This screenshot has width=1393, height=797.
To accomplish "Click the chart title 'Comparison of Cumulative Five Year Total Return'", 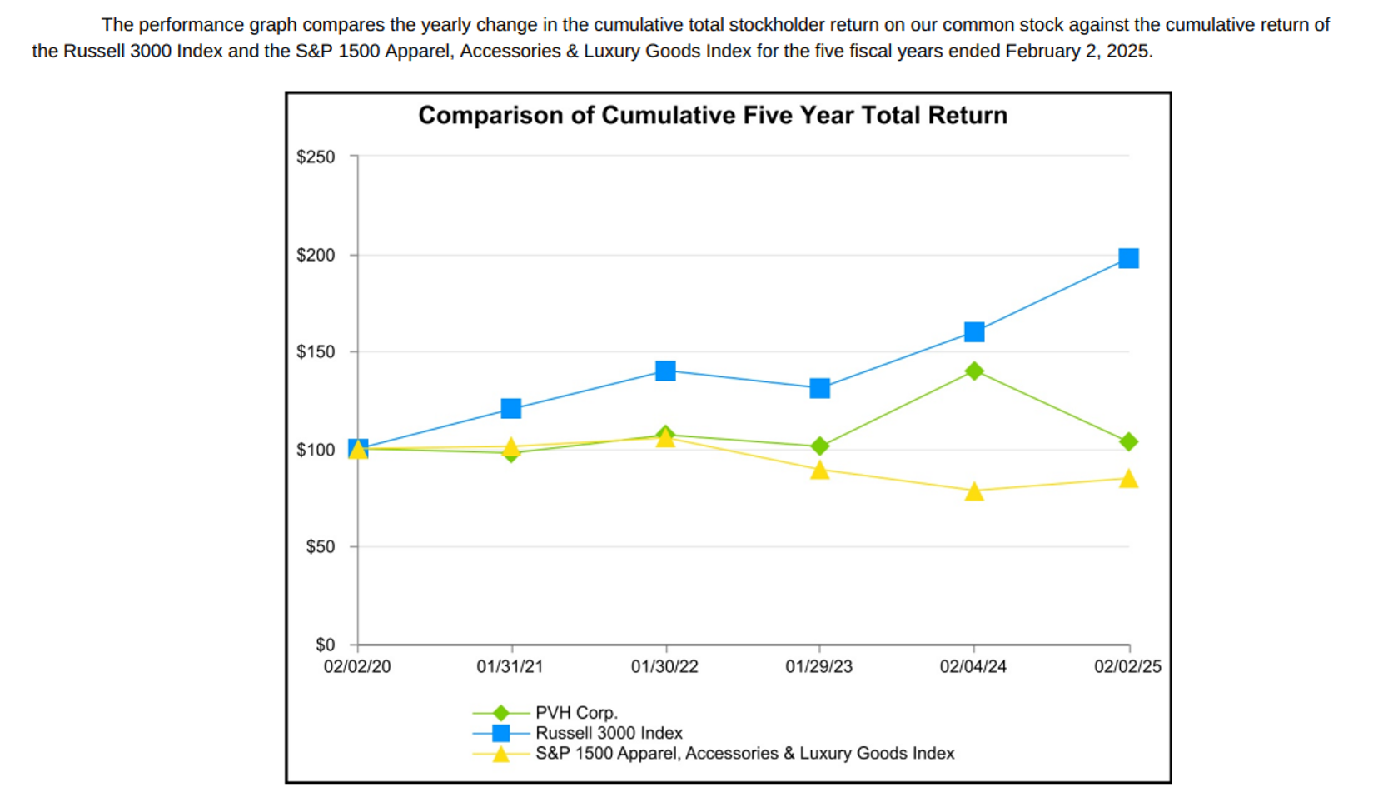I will (x=712, y=115).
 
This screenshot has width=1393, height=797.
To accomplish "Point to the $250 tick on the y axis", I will (x=316, y=157).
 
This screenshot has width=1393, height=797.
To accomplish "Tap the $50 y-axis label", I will (x=320, y=547).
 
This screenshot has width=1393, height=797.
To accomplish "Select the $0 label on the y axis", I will (x=325, y=645).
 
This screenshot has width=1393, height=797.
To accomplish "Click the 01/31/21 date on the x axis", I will (x=510, y=666).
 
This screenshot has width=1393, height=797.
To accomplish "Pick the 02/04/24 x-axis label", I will (x=973, y=666).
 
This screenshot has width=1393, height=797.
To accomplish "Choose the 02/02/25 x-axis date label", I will (x=1127, y=666).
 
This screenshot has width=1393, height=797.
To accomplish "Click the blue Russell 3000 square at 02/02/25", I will (x=1128, y=258).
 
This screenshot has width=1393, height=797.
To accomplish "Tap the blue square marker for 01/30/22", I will (x=665, y=371).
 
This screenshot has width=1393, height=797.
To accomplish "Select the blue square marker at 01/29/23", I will (x=819, y=388).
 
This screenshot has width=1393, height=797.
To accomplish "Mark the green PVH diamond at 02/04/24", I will (x=974, y=371).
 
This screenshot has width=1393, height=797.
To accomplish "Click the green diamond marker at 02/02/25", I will (x=1128, y=441).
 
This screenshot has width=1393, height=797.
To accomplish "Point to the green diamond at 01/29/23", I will (x=819, y=446).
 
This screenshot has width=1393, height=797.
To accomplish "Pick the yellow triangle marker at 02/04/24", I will (x=974, y=491).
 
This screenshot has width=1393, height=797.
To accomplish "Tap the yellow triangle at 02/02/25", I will (x=1128, y=478).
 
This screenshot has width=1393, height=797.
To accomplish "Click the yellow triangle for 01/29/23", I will (x=819, y=471).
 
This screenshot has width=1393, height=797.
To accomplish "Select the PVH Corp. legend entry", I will (x=575, y=713).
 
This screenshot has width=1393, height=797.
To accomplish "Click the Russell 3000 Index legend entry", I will (x=608, y=733).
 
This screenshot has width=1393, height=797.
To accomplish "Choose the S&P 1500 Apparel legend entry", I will (x=744, y=753).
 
